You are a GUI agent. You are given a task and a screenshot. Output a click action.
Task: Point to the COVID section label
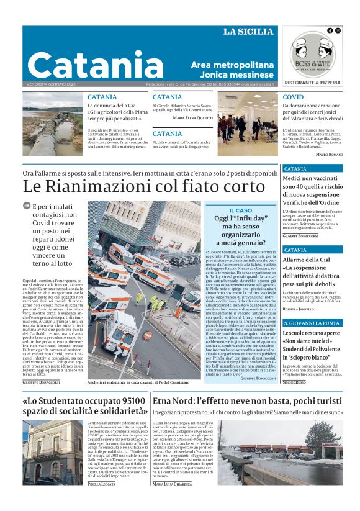click(293, 97)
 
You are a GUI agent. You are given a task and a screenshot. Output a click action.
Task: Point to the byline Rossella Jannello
click(299, 309)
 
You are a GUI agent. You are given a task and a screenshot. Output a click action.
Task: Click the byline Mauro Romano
click(329, 153)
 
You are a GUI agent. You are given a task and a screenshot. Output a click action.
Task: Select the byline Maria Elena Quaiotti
click(192, 117)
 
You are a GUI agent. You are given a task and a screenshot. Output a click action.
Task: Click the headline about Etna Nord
click(247, 402)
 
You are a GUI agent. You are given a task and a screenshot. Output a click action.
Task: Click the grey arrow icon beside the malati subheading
click(27, 206)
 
